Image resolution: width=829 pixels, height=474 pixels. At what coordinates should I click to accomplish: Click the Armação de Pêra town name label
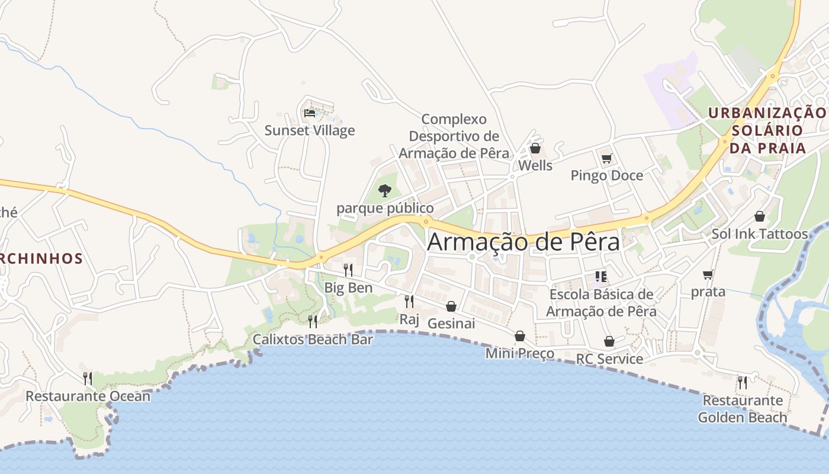pyautogui.click(x=523, y=242)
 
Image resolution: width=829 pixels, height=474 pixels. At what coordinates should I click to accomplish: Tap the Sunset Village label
pyautogui.click(x=310, y=130)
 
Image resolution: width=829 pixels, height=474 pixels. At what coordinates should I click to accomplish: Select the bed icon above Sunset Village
pyautogui.click(x=309, y=113)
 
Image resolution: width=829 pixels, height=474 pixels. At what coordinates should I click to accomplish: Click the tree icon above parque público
pyautogui.click(x=385, y=191)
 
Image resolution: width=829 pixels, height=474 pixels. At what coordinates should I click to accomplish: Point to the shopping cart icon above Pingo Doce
pyautogui.click(x=606, y=158)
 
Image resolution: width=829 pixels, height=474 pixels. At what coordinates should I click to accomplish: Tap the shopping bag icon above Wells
pyautogui.click(x=535, y=148)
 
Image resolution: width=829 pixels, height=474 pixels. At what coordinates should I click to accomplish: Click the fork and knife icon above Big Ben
pyautogui.click(x=348, y=270)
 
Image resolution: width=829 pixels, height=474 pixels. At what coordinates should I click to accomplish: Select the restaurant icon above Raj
pyautogui.click(x=409, y=302)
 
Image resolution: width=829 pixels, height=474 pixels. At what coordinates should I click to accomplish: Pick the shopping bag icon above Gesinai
pyautogui.click(x=451, y=306)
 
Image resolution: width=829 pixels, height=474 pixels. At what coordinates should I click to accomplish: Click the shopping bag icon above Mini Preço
pyautogui.click(x=520, y=336)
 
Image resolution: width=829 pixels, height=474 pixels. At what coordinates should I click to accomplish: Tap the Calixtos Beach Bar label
pyautogui.click(x=313, y=340)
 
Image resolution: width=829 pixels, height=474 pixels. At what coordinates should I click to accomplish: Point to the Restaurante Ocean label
pyautogui.click(x=88, y=396)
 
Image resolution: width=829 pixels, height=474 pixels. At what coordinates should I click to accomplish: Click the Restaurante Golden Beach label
pyautogui.click(x=743, y=409)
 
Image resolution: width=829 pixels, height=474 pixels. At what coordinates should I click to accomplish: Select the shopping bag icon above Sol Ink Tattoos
pyautogui.click(x=760, y=216)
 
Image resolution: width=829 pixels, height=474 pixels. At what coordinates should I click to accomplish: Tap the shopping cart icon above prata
pyautogui.click(x=708, y=274)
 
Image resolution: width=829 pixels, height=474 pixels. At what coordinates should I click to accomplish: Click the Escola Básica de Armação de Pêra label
pyautogui.click(x=601, y=303)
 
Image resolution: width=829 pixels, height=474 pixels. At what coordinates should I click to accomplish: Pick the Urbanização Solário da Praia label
pyautogui.click(x=767, y=130)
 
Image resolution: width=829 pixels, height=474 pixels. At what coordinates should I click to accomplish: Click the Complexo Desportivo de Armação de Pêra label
pyautogui.click(x=454, y=136)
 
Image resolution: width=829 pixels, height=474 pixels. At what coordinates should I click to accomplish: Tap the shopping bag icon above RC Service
pyautogui.click(x=609, y=341)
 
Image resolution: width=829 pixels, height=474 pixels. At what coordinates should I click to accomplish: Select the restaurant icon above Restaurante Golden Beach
pyautogui.click(x=742, y=382)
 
